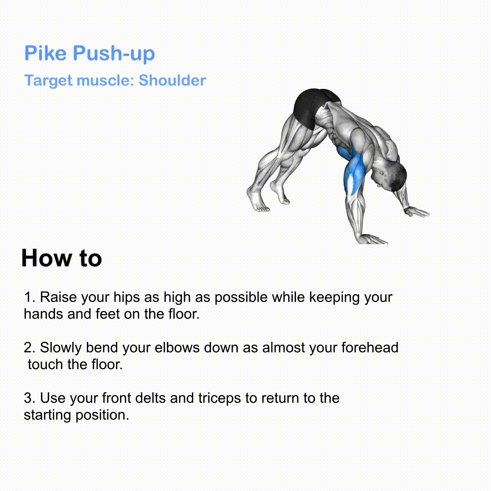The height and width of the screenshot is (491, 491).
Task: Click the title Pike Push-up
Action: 90,53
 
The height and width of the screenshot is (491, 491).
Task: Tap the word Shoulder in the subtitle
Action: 172,80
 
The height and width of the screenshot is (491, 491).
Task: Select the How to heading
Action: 62,258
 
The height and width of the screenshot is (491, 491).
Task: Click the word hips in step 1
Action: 126,297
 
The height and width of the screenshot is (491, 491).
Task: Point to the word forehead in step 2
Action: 370,348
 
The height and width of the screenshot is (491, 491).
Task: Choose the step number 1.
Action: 30,297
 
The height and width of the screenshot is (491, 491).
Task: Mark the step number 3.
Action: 30,398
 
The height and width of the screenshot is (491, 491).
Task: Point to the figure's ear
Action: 383,174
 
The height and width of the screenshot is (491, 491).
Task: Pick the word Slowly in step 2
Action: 61,348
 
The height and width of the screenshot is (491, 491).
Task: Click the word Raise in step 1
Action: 58,297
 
